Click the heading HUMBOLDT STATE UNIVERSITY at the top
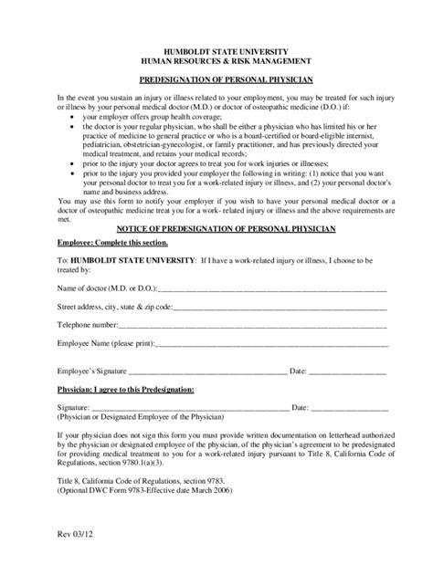click(x=216, y=51)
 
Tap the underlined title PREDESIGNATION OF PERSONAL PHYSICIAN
click(x=216, y=80)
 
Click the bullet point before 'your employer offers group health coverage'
click(x=72, y=117)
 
